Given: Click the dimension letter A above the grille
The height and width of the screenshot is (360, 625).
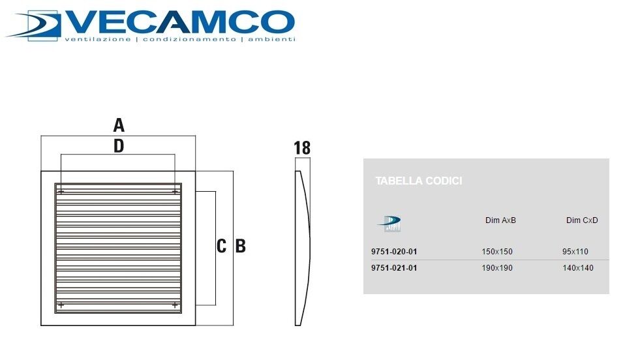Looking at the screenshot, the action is (x=119, y=125).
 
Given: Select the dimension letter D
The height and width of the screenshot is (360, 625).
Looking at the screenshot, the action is (x=119, y=146).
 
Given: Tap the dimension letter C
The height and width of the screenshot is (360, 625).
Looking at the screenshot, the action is (x=222, y=246).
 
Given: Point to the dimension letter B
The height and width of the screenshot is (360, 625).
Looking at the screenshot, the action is (x=240, y=246).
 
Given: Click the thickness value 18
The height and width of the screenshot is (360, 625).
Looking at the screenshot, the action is (x=302, y=148).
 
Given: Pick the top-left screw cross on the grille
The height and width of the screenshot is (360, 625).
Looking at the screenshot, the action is (x=61, y=192).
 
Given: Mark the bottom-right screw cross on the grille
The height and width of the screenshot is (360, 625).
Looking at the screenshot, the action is (x=175, y=305).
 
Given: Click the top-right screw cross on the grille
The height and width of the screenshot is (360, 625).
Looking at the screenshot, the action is (x=175, y=192).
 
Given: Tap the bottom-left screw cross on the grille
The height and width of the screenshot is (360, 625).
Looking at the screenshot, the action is (x=61, y=305).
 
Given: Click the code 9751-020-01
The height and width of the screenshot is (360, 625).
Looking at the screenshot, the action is (x=394, y=252).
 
